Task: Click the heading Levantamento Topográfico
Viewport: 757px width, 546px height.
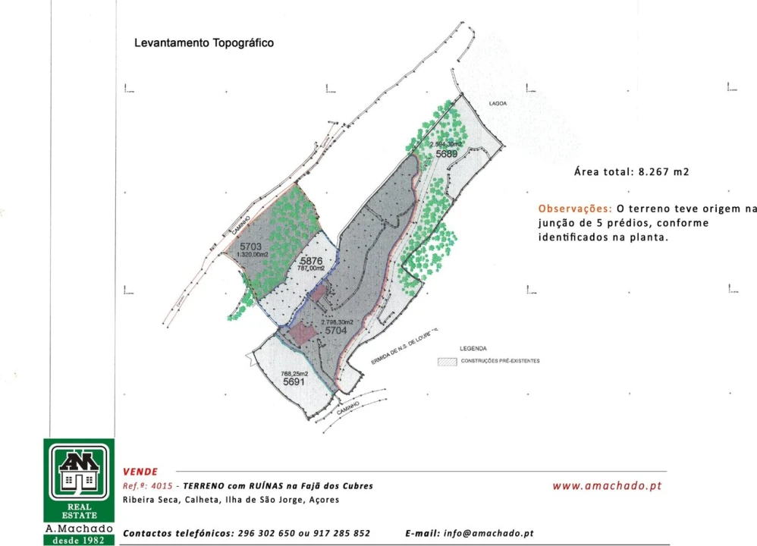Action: coord(204,43)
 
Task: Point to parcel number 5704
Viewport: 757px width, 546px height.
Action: coord(335,331)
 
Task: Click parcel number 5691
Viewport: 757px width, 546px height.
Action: coord(294,383)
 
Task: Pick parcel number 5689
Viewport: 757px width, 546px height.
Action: coord(446,154)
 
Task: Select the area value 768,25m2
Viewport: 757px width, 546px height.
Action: coord(294,374)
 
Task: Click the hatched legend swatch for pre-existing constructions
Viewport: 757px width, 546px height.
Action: coord(448,361)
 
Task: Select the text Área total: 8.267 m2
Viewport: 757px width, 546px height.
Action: coord(631,172)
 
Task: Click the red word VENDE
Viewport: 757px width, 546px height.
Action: coord(140,472)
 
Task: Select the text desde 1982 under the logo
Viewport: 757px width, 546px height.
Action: coord(79,540)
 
